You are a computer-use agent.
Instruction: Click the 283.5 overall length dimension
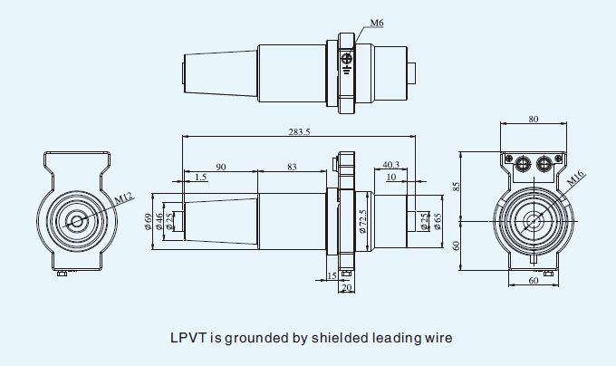coord(299,132)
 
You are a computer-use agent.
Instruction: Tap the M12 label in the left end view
coord(124,196)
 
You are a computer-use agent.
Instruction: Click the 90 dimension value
coord(220,167)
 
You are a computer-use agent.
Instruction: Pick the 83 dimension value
coord(291,167)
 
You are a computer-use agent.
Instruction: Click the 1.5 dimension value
coord(200,177)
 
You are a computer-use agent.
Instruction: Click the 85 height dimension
coord(458,186)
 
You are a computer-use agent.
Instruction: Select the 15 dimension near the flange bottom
coord(332,276)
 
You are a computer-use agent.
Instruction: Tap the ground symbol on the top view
coord(347,61)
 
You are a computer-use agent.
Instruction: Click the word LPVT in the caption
coord(188,339)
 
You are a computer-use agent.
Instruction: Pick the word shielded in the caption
coord(340,339)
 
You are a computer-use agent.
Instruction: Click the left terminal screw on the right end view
coord(522,164)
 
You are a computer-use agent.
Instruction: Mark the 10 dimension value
coord(390,177)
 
